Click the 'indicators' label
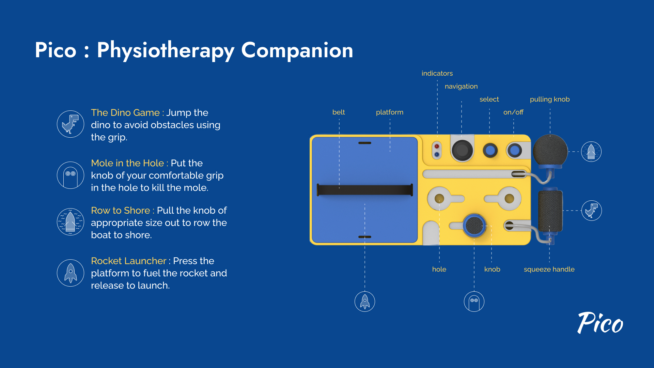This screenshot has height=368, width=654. pos(437,73)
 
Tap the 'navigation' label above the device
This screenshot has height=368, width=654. pos(461,87)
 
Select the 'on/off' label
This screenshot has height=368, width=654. pos(513,112)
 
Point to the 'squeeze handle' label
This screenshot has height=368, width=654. pos(549,270)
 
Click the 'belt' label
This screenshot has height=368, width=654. pos(339,112)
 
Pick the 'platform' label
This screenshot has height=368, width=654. pos(390,112)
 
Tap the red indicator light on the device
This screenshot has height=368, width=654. pos(437,146)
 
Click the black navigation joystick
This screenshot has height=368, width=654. pos(462,150)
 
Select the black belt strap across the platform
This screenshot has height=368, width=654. pos(365,190)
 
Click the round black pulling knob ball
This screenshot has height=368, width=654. pos(550,151)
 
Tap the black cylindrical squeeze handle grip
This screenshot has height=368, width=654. pos(550,211)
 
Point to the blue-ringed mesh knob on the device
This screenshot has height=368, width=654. pos(474,226)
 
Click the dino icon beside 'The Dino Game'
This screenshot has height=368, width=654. pos(71,124)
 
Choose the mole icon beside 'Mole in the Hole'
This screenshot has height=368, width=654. pos(71,175)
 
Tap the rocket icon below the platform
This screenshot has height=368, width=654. pos(365,302)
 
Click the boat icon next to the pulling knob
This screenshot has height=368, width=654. pos(591,152)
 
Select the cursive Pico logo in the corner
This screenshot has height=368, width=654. pos(600,323)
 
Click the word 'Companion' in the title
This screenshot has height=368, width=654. pos(297,50)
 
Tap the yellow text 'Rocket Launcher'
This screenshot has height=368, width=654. pos(128,261)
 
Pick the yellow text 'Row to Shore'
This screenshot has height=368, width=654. pos(120,211)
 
